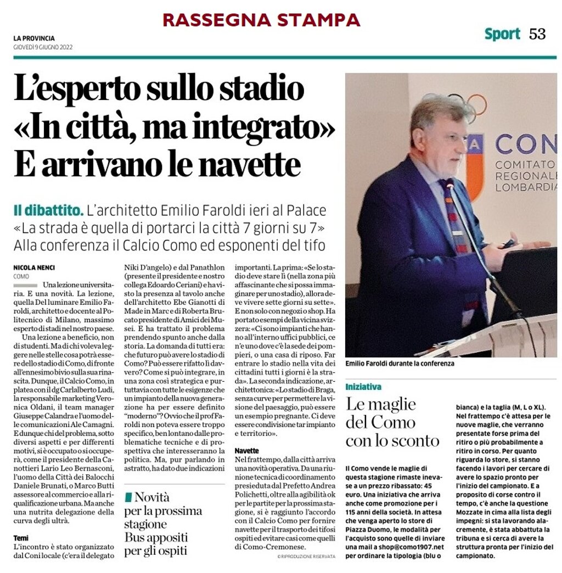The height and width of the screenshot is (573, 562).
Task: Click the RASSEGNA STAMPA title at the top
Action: pos(261,20)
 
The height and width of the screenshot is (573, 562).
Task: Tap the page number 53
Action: pos(537,34)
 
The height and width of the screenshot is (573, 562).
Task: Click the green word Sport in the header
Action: pos(502,34)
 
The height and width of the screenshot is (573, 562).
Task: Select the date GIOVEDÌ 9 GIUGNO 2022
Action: pos(43,47)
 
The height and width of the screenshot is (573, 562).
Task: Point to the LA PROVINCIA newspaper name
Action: pos(34,38)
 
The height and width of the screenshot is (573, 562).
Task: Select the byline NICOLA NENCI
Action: pos(34,268)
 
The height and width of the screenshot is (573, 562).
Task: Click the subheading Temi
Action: pos(21,538)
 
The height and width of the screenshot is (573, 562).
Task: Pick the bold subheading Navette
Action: pos(246,450)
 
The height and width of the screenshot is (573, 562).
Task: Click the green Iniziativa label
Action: pos(363,387)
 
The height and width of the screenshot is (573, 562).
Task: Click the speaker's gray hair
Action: pos(434,110)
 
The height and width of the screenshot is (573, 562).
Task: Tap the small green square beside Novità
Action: pos(128,497)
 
